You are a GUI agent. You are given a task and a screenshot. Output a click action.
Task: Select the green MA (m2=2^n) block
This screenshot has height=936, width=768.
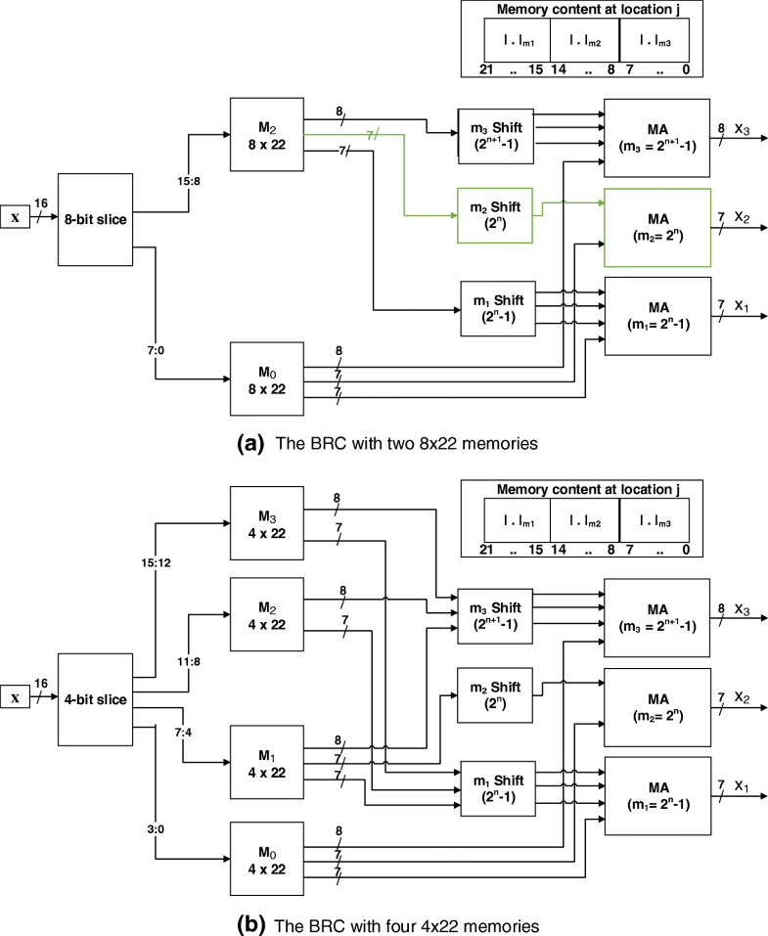[656, 226]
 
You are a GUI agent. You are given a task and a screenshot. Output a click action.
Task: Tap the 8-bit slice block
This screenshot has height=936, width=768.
[94, 219]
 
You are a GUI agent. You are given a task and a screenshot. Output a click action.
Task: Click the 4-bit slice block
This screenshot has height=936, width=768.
[94, 697]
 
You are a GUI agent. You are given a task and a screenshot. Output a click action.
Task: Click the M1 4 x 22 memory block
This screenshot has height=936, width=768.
[266, 760]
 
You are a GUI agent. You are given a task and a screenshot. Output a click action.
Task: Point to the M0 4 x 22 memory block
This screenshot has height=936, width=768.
[266, 857]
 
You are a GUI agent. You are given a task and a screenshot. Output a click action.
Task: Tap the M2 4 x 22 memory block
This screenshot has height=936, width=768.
[266, 613]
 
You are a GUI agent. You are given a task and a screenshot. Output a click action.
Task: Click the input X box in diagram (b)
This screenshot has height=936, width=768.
[15, 697]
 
